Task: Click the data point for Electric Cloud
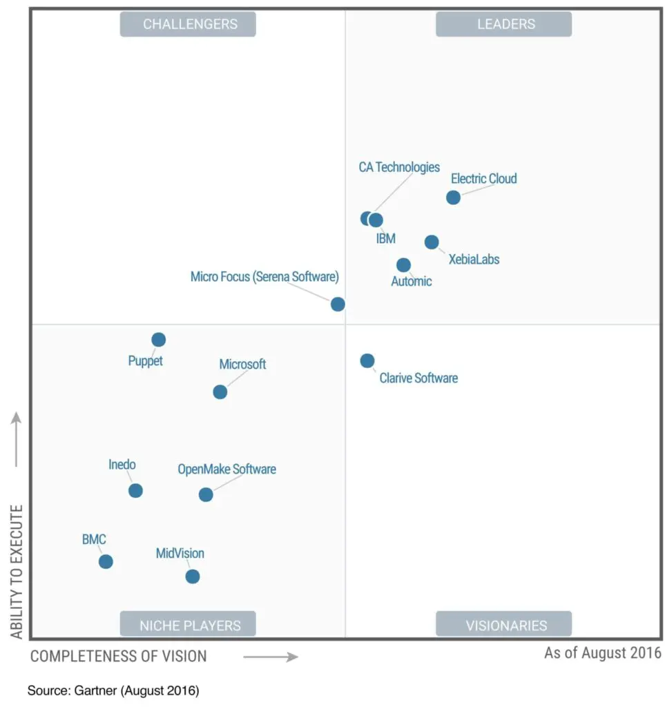click(453, 197)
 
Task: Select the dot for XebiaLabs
click(432, 242)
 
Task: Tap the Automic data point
click(404, 265)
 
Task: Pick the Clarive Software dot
click(367, 360)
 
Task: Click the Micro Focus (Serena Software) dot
click(338, 304)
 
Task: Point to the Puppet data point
click(159, 340)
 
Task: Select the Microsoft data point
click(220, 392)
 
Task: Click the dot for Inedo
click(135, 491)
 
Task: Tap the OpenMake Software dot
click(206, 494)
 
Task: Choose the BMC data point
click(106, 561)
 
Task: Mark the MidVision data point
click(193, 577)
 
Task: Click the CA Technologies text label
click(399, 167)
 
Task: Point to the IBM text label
click(386, 239)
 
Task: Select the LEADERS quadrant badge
click(503, 24)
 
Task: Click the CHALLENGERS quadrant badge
click(188, 24)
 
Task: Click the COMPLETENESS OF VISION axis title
click(118, 656)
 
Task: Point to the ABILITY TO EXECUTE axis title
click(17, 571)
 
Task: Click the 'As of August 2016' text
click(602, 652)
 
